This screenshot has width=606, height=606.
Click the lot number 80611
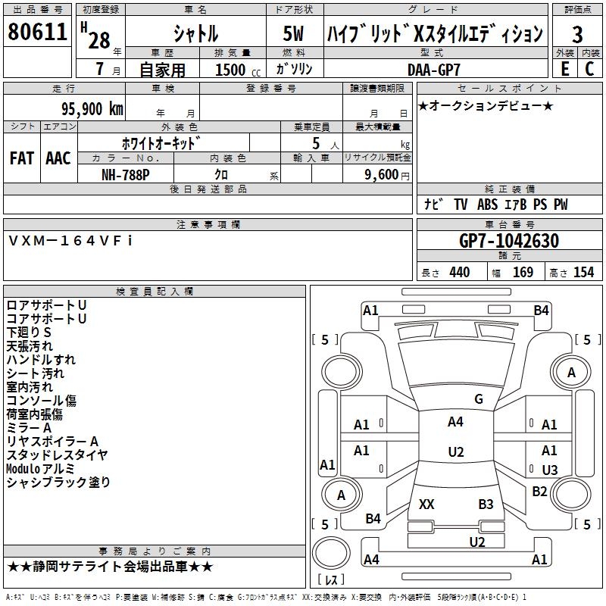coord(37,32)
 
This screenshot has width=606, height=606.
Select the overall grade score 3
coord(577,35)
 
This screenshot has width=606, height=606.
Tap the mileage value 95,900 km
coord(92,109)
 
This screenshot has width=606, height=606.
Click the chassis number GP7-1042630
coord(509,241)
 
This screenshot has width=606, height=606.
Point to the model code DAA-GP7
coord(433,70)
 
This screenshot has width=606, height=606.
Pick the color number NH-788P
coord(126,175)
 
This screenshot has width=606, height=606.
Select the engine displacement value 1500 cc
coord(238,70)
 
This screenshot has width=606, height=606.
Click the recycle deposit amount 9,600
coord(382,175)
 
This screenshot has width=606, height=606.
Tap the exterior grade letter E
coord(565,69)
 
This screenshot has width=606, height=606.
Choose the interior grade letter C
coord(589,69)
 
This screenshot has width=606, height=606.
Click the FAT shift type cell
coord(22,158)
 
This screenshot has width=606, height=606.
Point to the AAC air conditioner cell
coord(58,158)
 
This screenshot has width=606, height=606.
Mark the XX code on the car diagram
coord(426,504)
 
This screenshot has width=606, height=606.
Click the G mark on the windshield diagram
coord(479,399)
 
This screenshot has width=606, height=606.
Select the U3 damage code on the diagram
coord(550,470)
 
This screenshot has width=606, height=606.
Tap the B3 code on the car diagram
coord(486,504)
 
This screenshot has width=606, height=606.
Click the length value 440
coord(460,273)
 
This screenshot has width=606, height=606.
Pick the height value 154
coord(583,273)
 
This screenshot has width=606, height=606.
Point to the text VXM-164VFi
coord(70,241)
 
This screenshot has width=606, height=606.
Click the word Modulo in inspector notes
coord(22,469)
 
